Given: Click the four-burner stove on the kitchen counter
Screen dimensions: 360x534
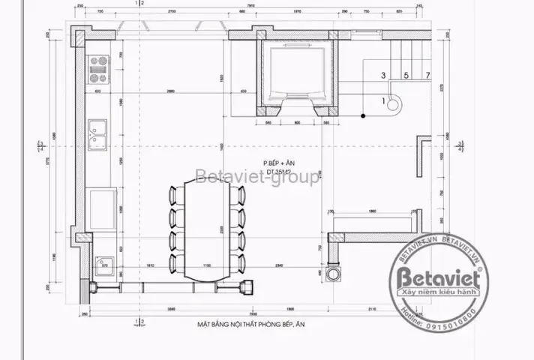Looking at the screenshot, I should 97,69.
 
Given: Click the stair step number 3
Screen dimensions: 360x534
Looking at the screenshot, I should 383,75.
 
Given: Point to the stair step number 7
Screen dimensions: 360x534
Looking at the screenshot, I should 427,75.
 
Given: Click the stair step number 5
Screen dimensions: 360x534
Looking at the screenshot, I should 406,75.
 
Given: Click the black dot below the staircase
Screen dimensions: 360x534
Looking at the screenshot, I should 363,115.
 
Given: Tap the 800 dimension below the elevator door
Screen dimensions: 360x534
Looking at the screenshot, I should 296,122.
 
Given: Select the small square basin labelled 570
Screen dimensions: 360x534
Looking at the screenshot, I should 103,265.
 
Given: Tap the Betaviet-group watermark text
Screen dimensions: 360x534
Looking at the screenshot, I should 257,178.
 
